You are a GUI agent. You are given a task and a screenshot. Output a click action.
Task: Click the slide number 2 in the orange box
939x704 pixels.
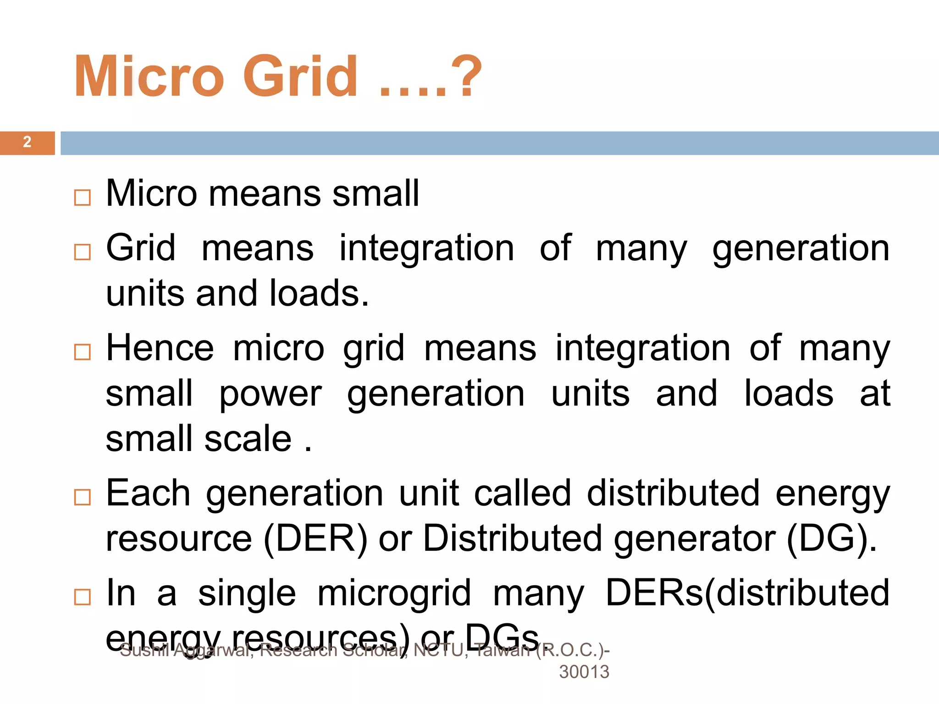pos(27,142)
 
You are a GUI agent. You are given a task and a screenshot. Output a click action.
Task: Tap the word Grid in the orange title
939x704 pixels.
pos(300,76)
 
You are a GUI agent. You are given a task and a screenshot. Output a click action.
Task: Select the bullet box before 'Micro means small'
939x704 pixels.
pos(83,198)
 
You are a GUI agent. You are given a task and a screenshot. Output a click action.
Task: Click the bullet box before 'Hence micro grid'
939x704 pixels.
pos(83,352)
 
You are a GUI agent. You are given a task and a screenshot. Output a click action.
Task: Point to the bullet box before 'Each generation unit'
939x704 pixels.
pos(83,497)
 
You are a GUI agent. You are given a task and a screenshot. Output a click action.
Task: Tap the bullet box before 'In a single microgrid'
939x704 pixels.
pos(83,597)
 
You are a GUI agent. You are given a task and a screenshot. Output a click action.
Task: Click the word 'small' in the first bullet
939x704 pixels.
pos(376,193)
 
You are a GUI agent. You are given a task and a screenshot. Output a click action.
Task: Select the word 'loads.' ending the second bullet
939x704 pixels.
pos(319,293)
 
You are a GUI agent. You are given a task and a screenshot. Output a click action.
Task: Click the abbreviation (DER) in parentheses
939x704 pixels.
pos(315,539)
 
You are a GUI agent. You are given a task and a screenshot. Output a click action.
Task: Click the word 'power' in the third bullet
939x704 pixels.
pos(271,394)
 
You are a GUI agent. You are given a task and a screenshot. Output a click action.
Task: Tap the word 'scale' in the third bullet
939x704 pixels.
pos(248,439)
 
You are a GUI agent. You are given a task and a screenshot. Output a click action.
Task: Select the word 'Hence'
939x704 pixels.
pos(160,348)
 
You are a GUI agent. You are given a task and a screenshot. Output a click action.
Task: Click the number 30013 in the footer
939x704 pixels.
pos(584,672)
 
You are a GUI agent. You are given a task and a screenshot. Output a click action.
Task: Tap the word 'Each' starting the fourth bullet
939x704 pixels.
pos(148,493)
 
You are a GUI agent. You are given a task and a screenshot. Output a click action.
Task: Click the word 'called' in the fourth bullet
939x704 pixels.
pos(523,493)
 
